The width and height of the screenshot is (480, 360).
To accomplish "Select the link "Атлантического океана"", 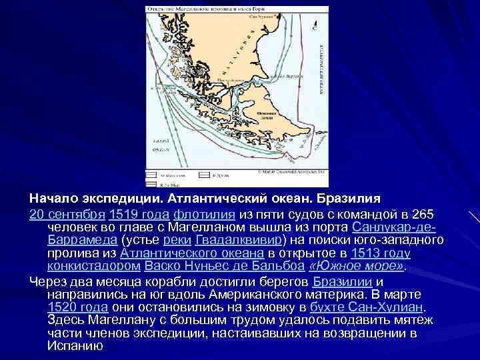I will click(191, 253).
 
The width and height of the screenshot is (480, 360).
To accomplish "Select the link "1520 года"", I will click(78, 307).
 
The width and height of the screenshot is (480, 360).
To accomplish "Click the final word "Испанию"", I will click(75, 347).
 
